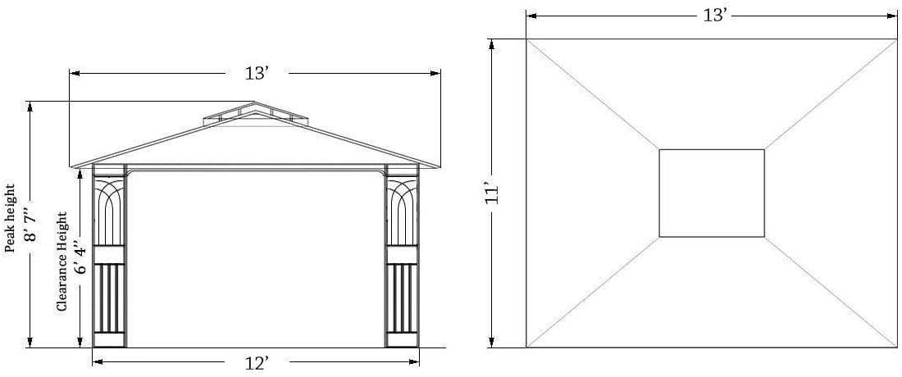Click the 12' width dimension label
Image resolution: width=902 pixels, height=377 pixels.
(x=257, y=363)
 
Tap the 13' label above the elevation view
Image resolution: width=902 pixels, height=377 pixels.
(x=257, y=73)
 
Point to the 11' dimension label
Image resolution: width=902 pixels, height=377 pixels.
(x=492, y=193)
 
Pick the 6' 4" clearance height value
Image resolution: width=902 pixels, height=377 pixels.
(x=80, y=259)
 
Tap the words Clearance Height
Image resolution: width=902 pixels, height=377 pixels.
(x=61, y=261)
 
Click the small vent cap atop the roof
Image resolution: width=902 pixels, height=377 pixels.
(x=255, y=113)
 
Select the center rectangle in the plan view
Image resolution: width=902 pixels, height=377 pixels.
(x=711, y=193)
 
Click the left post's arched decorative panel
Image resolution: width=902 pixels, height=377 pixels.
(x=109, y=211)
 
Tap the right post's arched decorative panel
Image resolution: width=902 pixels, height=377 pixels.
(x=402, y=211)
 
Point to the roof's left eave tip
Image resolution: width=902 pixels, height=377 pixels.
(x=72, y=166)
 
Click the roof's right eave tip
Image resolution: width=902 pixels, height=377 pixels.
(x=440, y=166)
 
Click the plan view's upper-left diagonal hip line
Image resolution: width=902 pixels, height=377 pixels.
(x=592, y=94)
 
